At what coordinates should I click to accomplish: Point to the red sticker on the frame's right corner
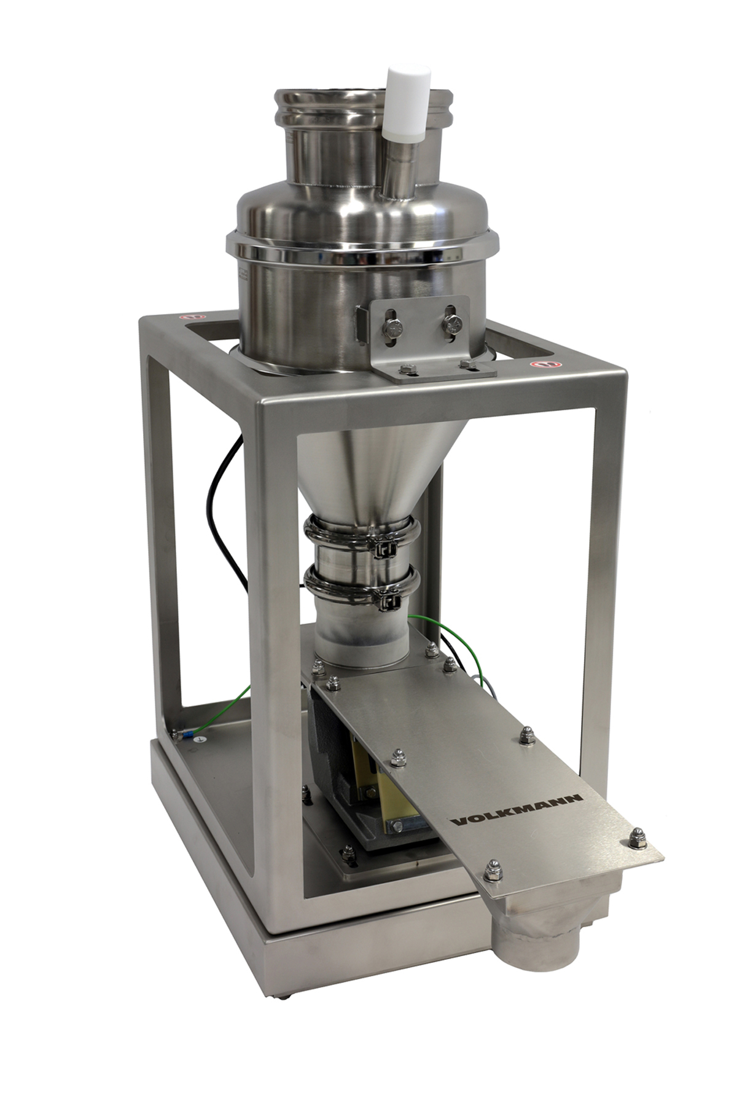538,364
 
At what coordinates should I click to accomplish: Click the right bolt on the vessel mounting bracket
453,321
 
